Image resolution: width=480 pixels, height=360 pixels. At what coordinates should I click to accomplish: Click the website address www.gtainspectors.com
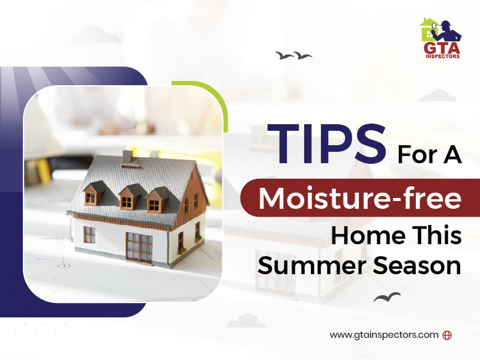pos(384,335)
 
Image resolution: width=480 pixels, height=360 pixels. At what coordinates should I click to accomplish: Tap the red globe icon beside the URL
pos(446,335)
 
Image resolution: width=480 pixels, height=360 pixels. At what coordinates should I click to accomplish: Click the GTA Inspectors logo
pos(440,39)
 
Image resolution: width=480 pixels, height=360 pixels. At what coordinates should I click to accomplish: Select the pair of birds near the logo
pos(293,56)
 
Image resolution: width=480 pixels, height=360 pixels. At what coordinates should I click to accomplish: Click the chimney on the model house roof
pos(127,157)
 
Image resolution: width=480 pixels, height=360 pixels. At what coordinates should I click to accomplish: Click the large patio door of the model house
pos(139,244)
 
